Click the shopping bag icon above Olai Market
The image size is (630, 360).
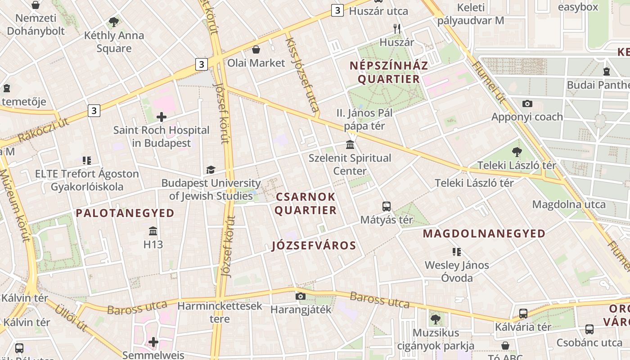tap(256, 49)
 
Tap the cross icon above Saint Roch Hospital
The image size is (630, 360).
tap(161, 117)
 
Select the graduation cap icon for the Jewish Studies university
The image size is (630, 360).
tap(211, 170)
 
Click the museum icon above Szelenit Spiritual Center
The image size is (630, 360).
tap(350, 145)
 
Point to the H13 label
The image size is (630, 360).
tap(153, 245)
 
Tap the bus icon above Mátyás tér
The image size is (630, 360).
tap(386, 207)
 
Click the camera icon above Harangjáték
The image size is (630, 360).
tap(301, 296)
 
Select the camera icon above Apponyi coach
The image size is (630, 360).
tap(527, 104)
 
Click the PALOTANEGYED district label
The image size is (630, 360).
tap(125, 213)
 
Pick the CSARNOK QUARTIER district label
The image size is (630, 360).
tap(306, 203)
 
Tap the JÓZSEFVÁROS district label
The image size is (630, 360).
tap(314, 246)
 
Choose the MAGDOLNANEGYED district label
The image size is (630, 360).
tap(484, 234)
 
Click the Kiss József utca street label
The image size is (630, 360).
tap(302, 74)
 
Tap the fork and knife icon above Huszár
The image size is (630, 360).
tap(396, 29)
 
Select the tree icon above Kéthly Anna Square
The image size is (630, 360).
tap(114, 22)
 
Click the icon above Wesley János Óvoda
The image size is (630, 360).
tap(457, 252)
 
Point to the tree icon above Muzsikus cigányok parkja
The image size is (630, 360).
tap(435, 319)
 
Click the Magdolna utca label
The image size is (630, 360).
tap(569, 205)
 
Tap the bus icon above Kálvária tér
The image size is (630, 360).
tap(523, 314)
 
